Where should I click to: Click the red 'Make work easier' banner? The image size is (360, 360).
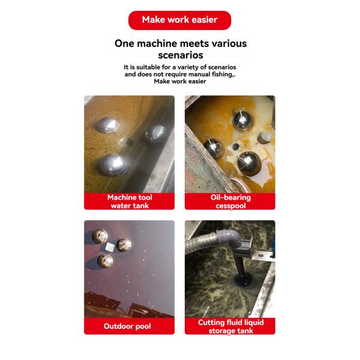[x=179, y=20]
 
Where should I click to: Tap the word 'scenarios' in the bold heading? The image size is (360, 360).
[x=180, y=55]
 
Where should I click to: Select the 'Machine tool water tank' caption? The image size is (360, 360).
[x=130, y=201]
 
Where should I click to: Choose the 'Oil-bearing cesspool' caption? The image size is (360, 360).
[x=231, y=201]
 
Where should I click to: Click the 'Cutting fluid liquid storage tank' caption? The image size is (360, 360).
[x=231, y=326]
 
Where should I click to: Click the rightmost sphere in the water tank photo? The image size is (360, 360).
[x=154, y=133]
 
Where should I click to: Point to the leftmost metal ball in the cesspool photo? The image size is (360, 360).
[x=214, y=147]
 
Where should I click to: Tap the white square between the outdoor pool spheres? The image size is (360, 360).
[x=111, y=245]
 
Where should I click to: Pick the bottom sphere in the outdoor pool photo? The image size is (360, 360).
[x=106, y=260]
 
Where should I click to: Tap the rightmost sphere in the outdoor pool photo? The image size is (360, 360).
[x=124, y=245]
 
